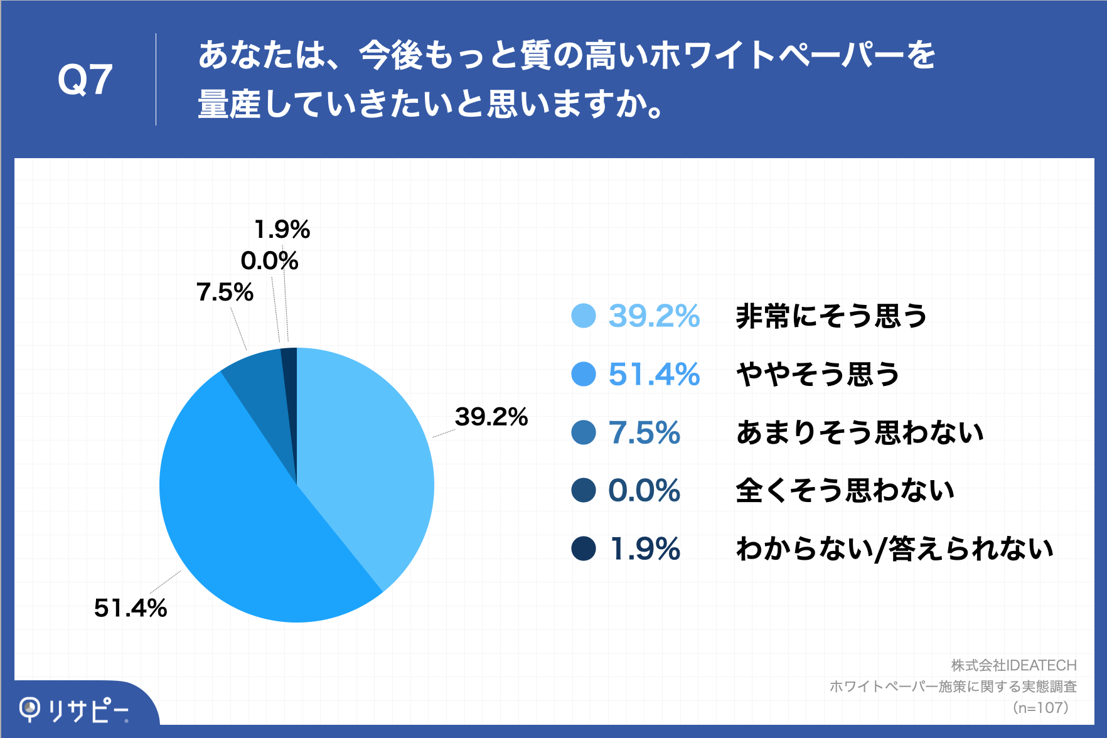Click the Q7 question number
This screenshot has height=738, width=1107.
click(x=85, y=80)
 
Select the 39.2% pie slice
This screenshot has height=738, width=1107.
click(x=364, y=452)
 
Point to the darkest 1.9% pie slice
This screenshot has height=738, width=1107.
click(x=289, y=377)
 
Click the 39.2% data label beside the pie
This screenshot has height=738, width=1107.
click(x=491, y=417)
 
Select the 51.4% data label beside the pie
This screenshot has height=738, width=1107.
click(x=131, y=607)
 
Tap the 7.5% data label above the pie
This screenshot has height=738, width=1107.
click(x=225, y=292)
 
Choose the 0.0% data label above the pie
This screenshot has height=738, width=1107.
click(x=269, y=260)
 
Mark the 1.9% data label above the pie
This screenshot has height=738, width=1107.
click(x=282, y=229)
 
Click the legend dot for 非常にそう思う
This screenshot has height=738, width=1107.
click(x=583, y=316)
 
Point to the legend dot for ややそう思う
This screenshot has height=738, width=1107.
click(x=583, y=374)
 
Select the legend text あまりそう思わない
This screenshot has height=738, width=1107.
click(x=860, y=432)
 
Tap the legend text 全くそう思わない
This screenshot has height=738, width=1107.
click(x=845, y=490)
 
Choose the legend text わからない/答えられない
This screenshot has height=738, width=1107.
click(x=894, y=548)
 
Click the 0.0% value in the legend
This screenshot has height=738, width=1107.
click(x=644, y=490)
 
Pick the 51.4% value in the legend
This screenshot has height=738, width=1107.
click(x=654, y=374)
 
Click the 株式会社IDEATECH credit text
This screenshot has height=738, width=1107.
click(x=1013, y=665)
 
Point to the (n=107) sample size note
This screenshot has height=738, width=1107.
click(x=1040, y=708)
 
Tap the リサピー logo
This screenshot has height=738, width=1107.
click(x=74, y=710)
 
